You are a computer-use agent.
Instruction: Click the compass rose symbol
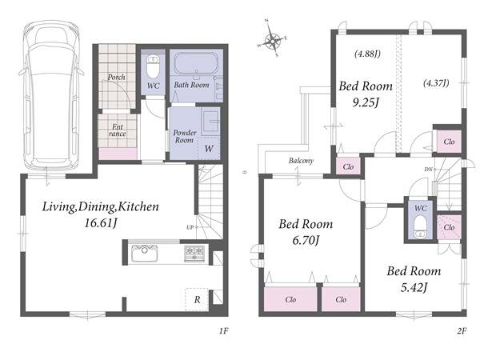(x=272, y=38)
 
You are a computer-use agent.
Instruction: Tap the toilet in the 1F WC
(x=153, y=67)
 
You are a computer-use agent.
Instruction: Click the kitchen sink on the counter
(x=144, y=253)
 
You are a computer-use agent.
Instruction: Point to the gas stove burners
(x=194, y=253)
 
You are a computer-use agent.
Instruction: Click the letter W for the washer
(x=209, y=149)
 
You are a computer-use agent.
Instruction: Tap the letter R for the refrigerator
(x=197, y=300)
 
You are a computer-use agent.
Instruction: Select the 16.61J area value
(x=101, y=223)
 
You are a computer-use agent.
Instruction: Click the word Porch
(x=116, y=77)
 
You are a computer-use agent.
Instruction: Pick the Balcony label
(x=301, y=161)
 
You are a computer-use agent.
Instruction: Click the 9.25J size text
(x=366, y=102)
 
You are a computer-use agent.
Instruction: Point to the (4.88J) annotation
(x=367, y=54)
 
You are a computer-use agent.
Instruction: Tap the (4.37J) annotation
(x=436, y=83)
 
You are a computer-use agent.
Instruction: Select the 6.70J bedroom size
(x=306, y=240)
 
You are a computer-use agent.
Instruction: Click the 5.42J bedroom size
(x=414, y=287)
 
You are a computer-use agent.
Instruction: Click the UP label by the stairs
(x=190, y=227)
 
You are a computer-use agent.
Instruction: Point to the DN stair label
(x=428, y=169)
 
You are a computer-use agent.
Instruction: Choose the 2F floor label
(x=462, y=330)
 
